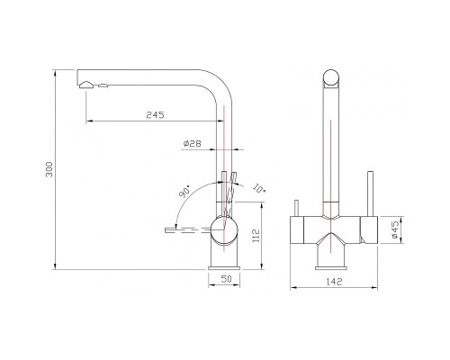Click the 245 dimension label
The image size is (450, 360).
click(x=156, y=115)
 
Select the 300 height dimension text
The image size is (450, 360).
click(x=49, y=169)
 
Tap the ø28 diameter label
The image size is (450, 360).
click(x=192, y=144)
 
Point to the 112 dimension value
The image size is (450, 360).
click(x=256, y=236)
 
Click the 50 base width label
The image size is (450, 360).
click(x=226, y=279)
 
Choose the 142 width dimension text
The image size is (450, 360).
click(x=333, y=282)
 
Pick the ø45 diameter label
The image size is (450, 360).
click(x=394, y=230)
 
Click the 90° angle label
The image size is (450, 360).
click(x=184, y=192)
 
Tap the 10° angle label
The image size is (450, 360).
click(x=259, y=187)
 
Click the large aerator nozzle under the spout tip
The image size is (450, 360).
click(x=86, y=85)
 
